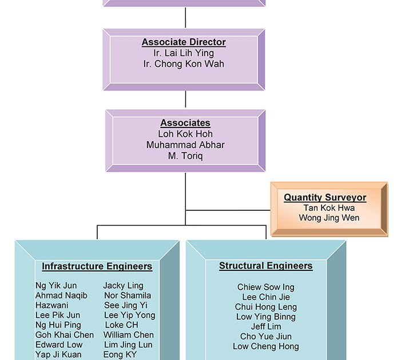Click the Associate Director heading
click(184, 42)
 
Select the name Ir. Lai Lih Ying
click(184, 53)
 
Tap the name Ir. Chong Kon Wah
click(184, 64)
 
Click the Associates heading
click(185, 123)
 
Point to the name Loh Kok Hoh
click(185, 134)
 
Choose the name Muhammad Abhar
click(185, 145)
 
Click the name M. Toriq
click(185, 155)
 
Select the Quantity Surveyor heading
click(325, 198)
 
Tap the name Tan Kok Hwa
click(329, 207)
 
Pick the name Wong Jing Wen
click(329, 218)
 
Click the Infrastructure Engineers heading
click(97, 266)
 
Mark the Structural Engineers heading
click(266, 266)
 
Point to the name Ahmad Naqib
click(61, 295)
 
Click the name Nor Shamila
click(128, 295)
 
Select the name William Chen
click(128, 335)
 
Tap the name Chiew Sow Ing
click(266, 287)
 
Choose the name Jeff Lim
click(266, 326)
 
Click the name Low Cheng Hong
click(266, 346)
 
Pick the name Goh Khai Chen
click(65, 335)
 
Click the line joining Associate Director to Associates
click(185, 100)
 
